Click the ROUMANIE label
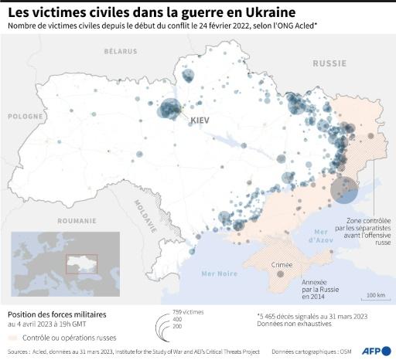(76, 220)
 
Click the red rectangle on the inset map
(80, 264)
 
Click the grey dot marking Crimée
(281, 274)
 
